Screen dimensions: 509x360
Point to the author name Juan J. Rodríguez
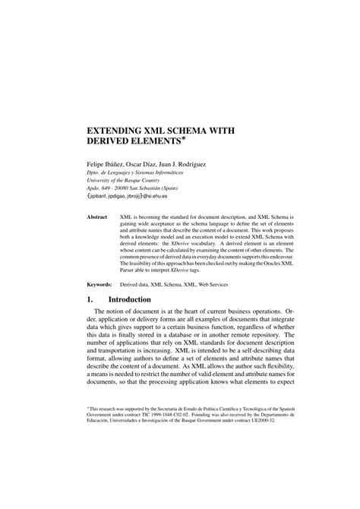click(199, 163)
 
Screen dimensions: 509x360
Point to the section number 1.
click(90, 299)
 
